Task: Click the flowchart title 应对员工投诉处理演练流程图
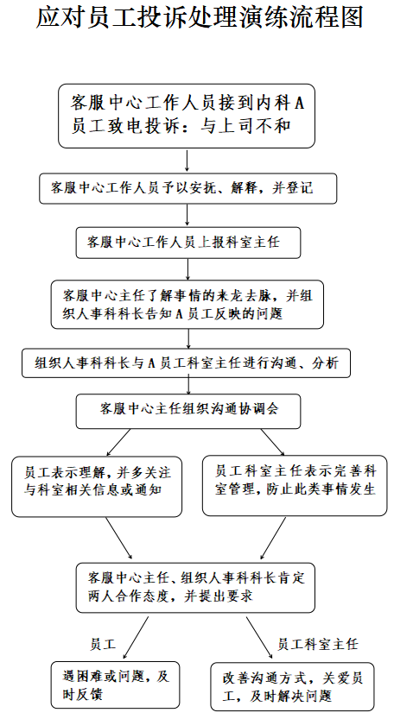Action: pyautogui.click(x=200, y=18)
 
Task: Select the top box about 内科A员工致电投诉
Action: pyautogui.click(x=187, y=116)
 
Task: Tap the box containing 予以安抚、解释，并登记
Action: pyautogui.click(x=187, y=188)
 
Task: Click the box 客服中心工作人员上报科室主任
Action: pyautogui.click(x=188, y=243)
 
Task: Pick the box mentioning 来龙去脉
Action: pyautogui.click(x=187, y=305)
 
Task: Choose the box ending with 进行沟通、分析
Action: pyautogui.click(x=187, y=363)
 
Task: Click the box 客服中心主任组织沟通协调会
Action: pyautogui.click(x=188, y=410)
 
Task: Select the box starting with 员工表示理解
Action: pyautogui.click(x=97, y=487)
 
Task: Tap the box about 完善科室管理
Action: pyautogui.click(x=295, y=485)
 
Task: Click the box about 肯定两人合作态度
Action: pyautogui.click(x=195, y=588)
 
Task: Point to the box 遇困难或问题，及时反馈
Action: pyautogui.click(x=115, y=684)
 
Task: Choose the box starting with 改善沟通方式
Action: pyautogui.click(x=293, y=686)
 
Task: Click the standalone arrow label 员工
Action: pyautogui.click(x=103, y=644)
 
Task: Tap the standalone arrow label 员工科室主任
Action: pyautogui.click(x=317, y=644)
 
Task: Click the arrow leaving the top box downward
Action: pyautogui.click(x=187, y=161)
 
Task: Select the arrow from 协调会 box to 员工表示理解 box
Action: pyautogui.click(x=118, y=442)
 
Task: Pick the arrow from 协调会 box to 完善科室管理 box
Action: pyautogui.click(x=273, y=442)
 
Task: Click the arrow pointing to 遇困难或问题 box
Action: pyautogui.click(x=136, y=638)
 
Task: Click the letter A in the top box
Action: pyautogui.click(x=299, y=104)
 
